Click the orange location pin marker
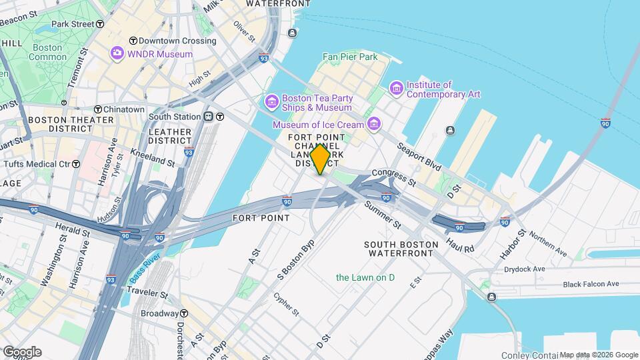(320, 159)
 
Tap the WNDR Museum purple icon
(118, 53)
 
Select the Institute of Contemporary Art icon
(397, 88)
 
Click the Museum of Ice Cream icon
(373, 124)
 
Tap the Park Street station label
(77, 24)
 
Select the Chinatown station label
(119, 109)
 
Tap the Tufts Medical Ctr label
(41, 164)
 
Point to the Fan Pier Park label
(350, 57)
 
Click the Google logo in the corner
(22, 351)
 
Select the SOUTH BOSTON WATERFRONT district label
(401, 249)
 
